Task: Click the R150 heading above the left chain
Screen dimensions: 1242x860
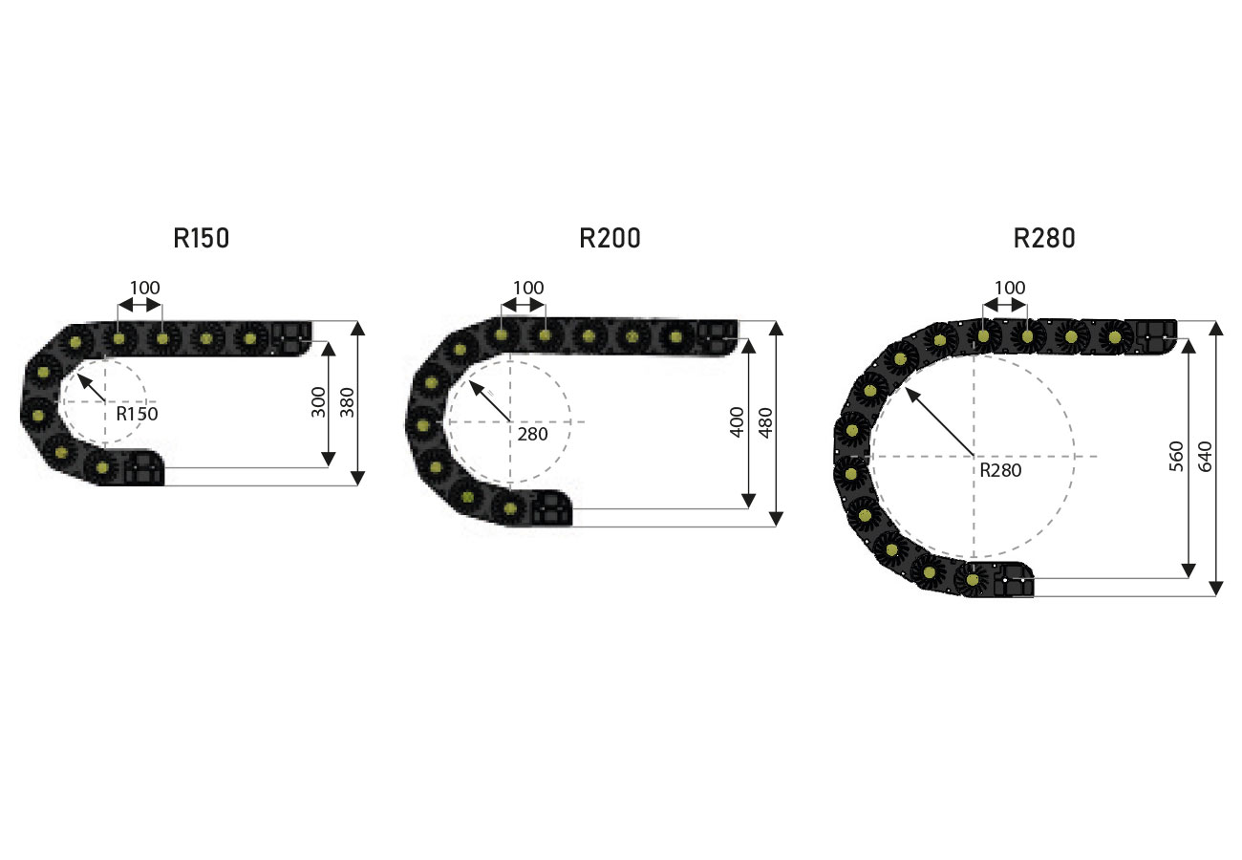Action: pos(202,238)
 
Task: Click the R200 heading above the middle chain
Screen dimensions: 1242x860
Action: pos(610,238)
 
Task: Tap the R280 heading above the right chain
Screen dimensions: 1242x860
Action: pos(1044,238)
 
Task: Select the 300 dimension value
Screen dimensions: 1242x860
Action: pos(318,402)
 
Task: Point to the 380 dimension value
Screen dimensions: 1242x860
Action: pos(347,402)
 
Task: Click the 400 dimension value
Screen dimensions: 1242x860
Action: pos(737,422)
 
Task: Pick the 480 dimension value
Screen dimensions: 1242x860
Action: pos(765,422)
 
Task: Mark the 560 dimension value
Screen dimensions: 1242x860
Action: pos(1177,457)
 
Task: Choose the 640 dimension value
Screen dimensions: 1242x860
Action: pos(1206,457)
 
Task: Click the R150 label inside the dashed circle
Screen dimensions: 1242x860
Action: pos(137,414)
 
